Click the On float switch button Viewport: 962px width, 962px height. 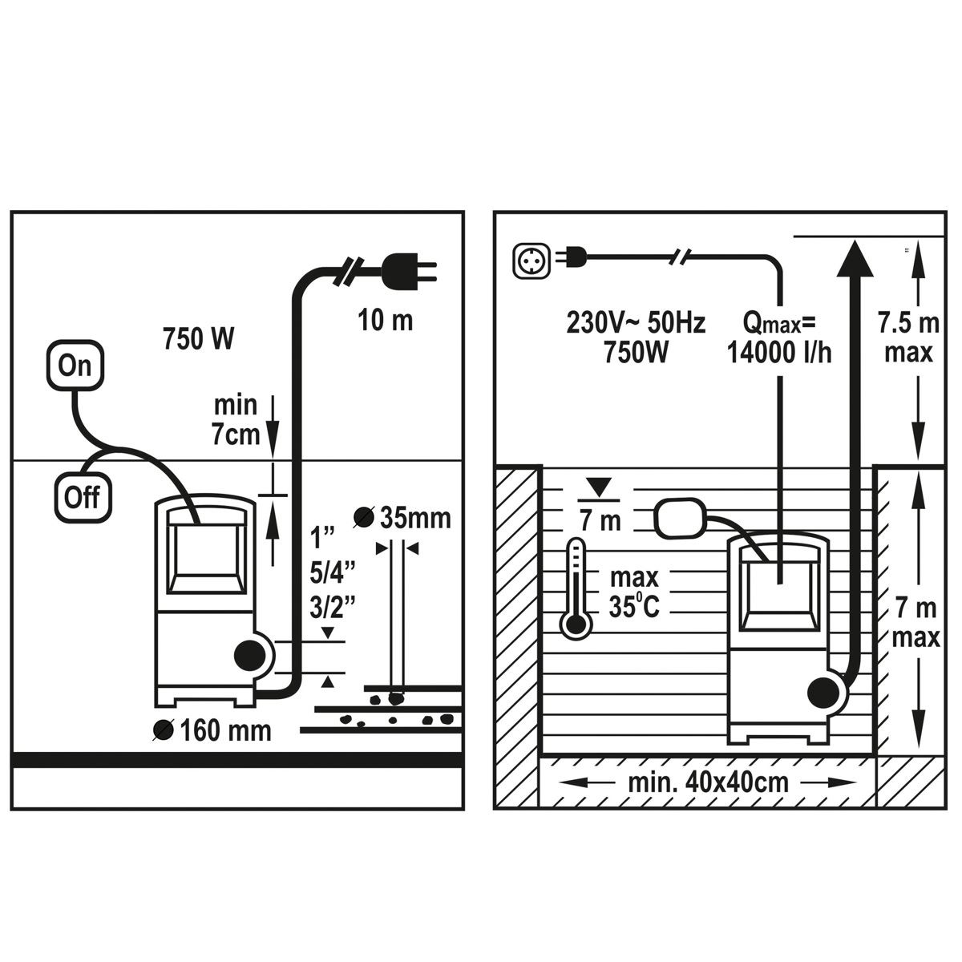(x=75, y=365)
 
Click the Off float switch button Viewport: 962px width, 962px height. (x=83, y=497)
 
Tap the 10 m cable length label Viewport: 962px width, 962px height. (x=386, y=320)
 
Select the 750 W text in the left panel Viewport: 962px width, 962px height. (x=198, y=338)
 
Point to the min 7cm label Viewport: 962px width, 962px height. (x=236, y=420)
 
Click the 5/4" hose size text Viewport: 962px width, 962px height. (x=333, y=572)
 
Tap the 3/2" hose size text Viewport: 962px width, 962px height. (x=333, y=607)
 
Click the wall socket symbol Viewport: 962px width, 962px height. (x=532, y=261)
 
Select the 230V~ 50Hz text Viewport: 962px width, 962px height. (x=636, y=322)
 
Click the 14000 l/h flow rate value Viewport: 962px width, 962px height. (x=778, y=353)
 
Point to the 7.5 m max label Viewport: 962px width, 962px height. (x=908, y=338)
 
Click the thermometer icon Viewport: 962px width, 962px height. (x=576, y=589)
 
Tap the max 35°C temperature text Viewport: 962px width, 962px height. (x=634, y=592)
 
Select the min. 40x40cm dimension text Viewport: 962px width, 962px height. (x=709, y=782)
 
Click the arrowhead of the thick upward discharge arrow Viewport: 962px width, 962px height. (x=855, y=258)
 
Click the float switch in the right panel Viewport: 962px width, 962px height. (x=681, y=519)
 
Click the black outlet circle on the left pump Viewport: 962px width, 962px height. (x=249, y=655)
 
